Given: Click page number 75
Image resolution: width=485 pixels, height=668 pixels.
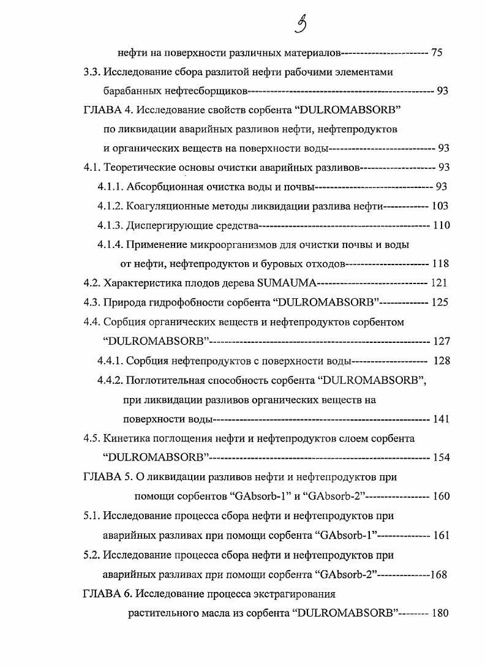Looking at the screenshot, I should click(437, 53).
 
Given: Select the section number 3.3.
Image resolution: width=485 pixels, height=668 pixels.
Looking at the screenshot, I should click(91, 72).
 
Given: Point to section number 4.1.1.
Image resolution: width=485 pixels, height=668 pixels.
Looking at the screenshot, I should click(110, 187).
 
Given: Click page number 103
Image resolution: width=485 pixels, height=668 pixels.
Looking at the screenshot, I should click(440, 206).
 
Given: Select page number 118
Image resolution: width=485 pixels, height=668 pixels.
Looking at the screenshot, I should click(440, 264).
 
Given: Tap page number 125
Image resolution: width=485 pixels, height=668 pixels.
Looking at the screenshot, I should click(439, 302).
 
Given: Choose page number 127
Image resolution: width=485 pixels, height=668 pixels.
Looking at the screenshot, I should click(441, 341).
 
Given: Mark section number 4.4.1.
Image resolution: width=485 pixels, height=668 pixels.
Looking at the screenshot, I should click(110, 361).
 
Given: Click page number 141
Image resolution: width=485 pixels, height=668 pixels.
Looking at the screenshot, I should click(440, 419).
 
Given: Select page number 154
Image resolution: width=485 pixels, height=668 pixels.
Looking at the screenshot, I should click(440, 458).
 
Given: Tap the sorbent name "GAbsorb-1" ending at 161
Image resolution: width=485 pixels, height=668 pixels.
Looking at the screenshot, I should click(344, 535).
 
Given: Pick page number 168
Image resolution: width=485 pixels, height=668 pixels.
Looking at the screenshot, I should click(438, 574).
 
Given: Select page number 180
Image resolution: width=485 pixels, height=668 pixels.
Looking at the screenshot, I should click(440, 613).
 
